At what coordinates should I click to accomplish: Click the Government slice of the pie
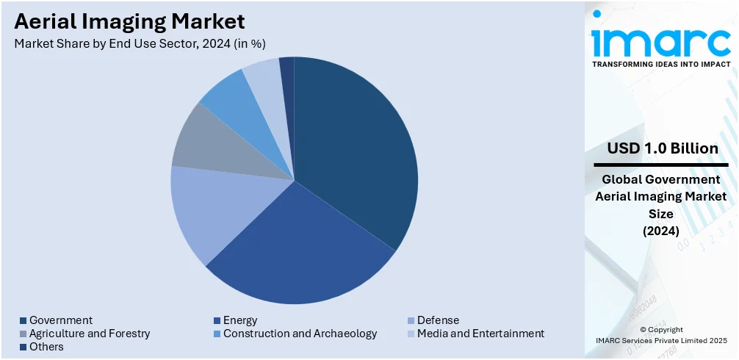click(x=353, y=147)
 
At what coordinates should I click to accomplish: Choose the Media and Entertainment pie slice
click(x=265, y=81)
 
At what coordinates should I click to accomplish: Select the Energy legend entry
click(x=239, y=320)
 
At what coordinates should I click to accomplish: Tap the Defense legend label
click(x=438, y=320)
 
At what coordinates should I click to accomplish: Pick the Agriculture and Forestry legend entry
click(x=89, y=334)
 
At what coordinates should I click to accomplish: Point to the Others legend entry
click(x=46, y=347)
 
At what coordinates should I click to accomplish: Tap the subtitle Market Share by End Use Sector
click(x=140, y=43)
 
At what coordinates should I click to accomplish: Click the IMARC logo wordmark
click(x=661, y=40)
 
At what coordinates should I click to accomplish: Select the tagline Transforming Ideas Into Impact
click(x=661, y=64)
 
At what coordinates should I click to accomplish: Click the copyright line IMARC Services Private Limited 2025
click(x=661, y=340)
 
